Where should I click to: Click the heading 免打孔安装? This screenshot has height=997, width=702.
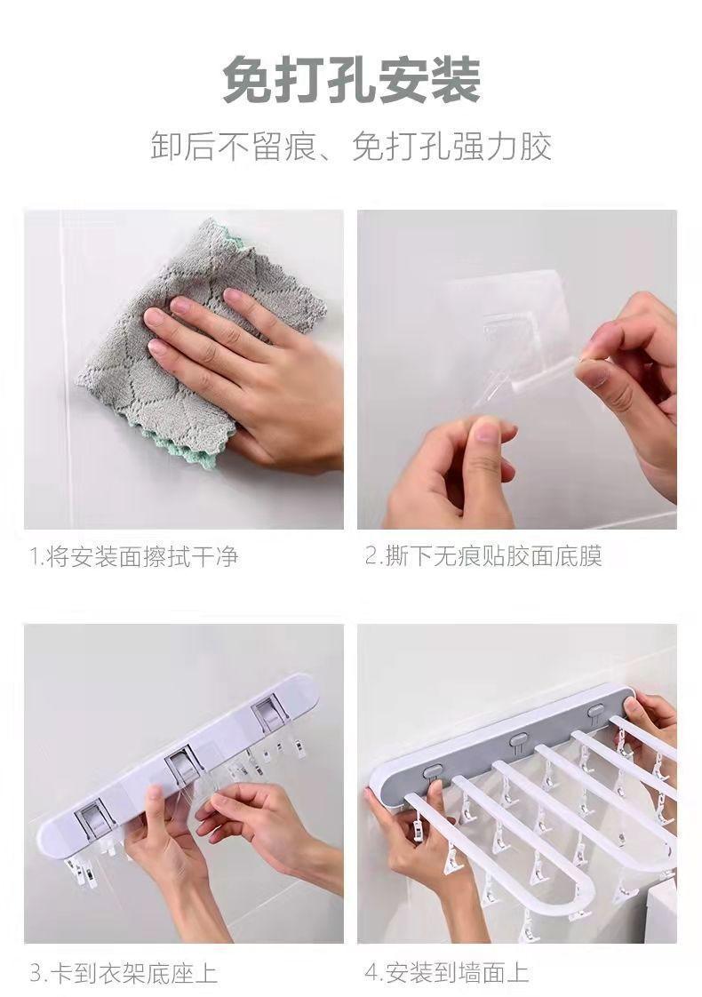pos(352,80)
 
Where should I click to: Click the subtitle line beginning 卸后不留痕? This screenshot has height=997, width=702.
pos(351,147)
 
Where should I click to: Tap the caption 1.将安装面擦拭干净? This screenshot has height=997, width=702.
pos(133,556)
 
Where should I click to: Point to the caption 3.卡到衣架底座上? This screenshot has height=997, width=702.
pos(124,973)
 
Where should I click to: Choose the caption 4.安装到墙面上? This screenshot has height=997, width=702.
pos(447,973)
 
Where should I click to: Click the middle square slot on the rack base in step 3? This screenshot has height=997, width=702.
pos(183,766)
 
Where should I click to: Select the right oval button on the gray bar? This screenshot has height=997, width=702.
pos(596,710)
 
